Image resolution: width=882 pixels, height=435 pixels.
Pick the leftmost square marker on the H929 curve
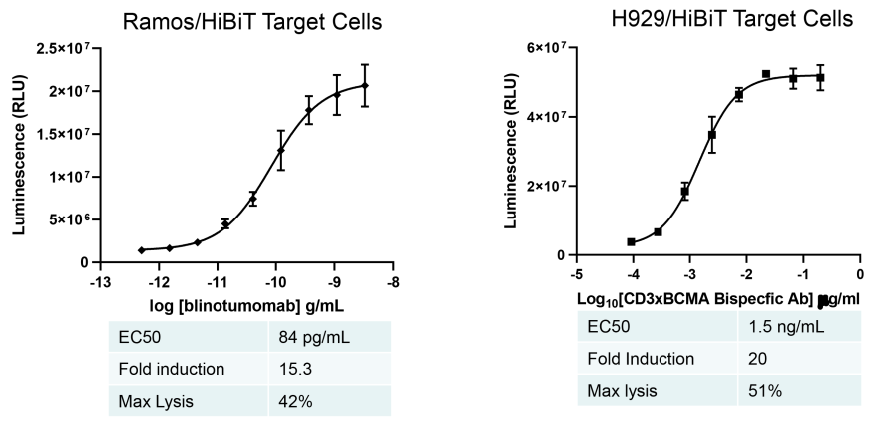(632, 241)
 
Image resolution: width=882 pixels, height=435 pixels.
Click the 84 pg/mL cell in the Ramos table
(315, 340)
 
